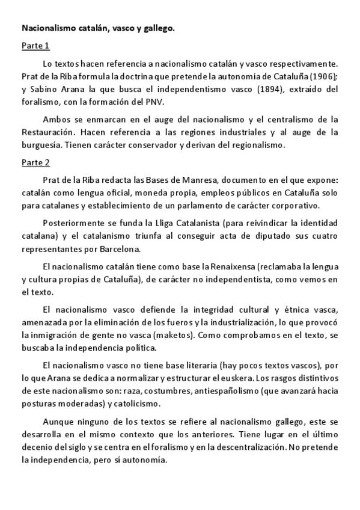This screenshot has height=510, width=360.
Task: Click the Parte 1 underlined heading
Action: click(35, 46)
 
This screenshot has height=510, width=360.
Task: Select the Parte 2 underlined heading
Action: click(35, 162)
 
